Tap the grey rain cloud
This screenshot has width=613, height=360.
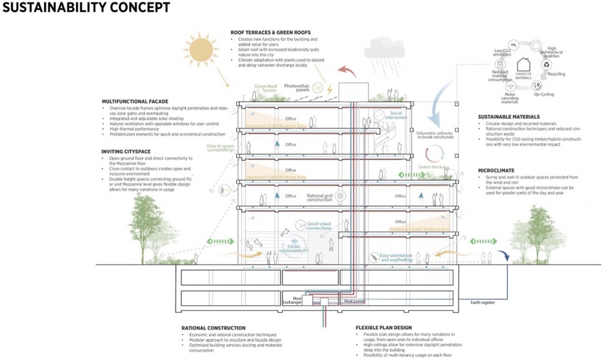pos(383,49)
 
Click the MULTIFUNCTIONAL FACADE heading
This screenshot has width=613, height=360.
pos(135,101)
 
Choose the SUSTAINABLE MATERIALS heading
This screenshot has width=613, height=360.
pos(509,117)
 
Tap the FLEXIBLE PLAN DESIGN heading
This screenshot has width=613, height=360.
pos(389,328)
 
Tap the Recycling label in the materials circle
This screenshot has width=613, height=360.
pos(556,74)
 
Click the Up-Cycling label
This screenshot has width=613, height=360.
pos(543,94)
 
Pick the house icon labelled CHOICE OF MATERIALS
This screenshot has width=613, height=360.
pos(524,65)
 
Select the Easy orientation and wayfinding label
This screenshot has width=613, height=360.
pos(397,258)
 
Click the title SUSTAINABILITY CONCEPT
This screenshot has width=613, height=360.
pos(86,8)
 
